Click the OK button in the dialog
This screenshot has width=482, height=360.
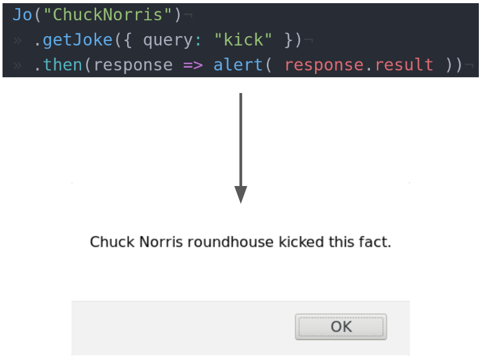pyautogui.click(x=341, y=326)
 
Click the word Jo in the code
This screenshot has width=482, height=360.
pyautogui.click(x=23, y=15)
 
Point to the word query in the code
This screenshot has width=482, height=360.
pyautogui.click(x=166, y=40)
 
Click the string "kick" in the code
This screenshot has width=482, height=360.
pyautogui.click(x=244, y=40)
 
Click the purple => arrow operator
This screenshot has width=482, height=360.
pyautogui.click(x=193, y=65)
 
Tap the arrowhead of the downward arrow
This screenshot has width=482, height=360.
pyautogui.click(x=240, y=195)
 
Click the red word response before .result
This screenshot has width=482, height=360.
pyautogui.click(x=323, y=65)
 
